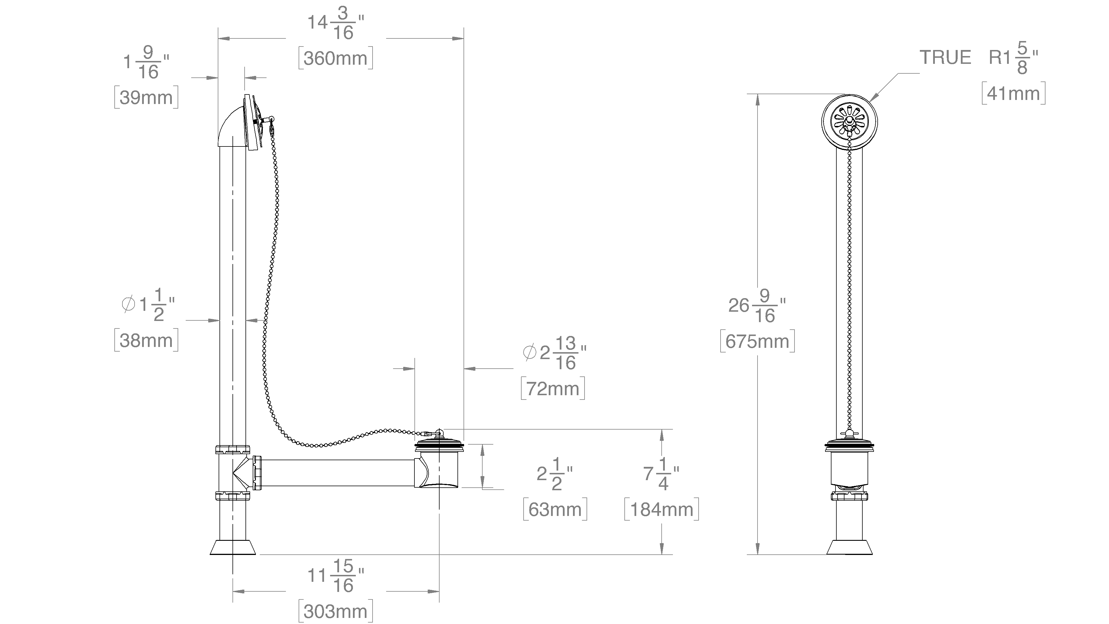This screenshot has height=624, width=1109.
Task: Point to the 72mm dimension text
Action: (553, 389)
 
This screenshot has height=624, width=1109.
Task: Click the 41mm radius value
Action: (1013, 93)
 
